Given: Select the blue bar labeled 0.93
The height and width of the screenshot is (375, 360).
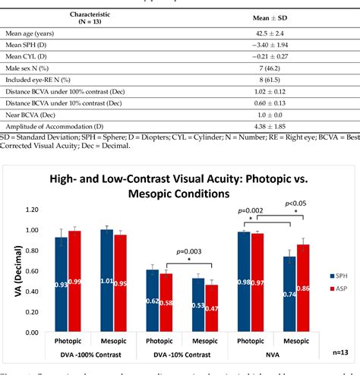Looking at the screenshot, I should (61, 282).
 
